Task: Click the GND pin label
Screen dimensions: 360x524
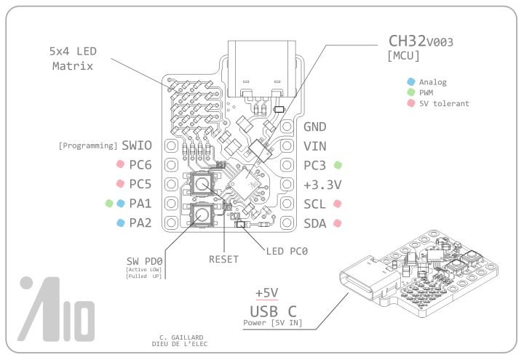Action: (x=314, y=127)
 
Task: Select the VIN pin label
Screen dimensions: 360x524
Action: (x=314, y=145)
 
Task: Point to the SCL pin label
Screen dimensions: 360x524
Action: (x=314, y=204)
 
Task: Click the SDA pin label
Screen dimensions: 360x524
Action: (x=314, y=223)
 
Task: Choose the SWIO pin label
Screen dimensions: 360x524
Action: (x=137, y=145)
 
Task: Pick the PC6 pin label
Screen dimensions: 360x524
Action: (x=140, y=165)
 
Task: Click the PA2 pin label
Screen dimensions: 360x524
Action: (x=140, y=223)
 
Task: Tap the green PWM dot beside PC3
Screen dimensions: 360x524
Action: (x=338, y=165)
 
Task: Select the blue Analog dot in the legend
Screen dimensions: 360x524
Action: (x=411, y=82)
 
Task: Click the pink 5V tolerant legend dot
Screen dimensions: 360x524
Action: (x=411, y=103)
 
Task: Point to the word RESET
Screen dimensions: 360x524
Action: (x=223, y=259)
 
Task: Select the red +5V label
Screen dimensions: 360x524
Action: (x=267, y=293)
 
